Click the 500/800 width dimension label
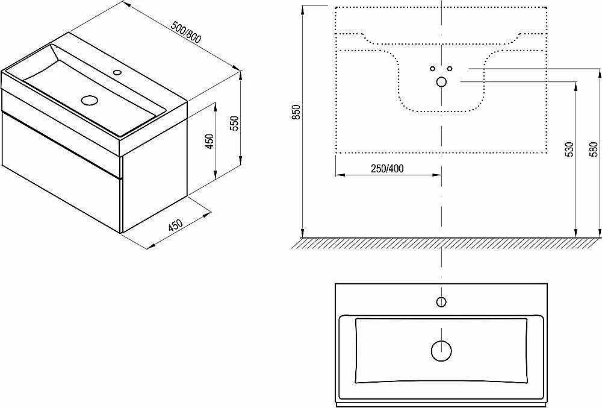pyautogui.click(x=186, y=33)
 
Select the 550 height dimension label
pyautogui.click(x=235, y=124)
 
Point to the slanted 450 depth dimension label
pyautogui.click(x=175, y=225)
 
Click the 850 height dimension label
pyautogui.click(x=296, y=112)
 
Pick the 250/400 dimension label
pyautogui.click(x=387, y=168)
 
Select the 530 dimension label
pyautogui.click(x=569, y=149)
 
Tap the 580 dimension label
pyautogui.click(x=594, y=149)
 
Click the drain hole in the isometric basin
pyautogui.click(x=90, y=100)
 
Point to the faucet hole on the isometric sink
pyautogui.click(x=117, y=72)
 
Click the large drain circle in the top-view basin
pyautogui.click(x=441, y=351)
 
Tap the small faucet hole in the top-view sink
pyautogui.click(x=441, y=302)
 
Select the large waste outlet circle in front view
pyautogui.click(x=441, y=82)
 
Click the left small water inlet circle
pyautogui.click(x=433, y=69)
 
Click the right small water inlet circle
pyautogui.click(x=450, y=69)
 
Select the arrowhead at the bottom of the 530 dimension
pyautogui.click(x=576, y=233)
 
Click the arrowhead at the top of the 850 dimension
pyautogui.click(x=303, y=10)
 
